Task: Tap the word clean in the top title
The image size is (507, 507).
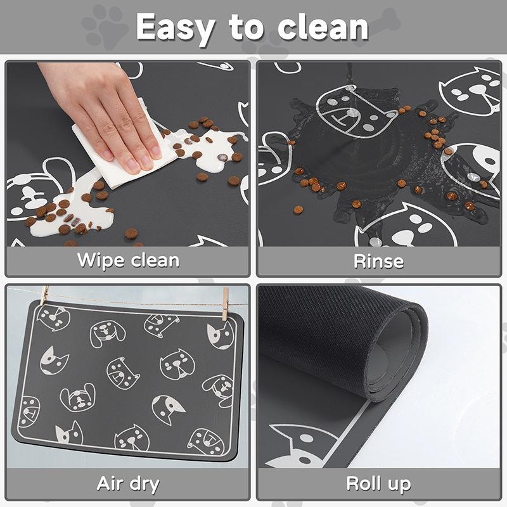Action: point(323,27)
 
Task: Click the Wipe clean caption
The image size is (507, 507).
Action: point(128,260)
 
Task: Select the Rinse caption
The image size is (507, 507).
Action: point(378,260)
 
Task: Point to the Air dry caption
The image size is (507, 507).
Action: point(128,484)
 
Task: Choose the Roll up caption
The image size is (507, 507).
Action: point(378,484)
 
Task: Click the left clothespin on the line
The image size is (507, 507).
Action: point(44,295)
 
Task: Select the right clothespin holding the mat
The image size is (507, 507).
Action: point(225,304)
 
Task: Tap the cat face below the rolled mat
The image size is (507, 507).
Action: point(300,446)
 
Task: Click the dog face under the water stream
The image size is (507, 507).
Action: point(356,112)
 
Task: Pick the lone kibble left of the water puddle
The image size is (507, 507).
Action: point(298,210)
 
